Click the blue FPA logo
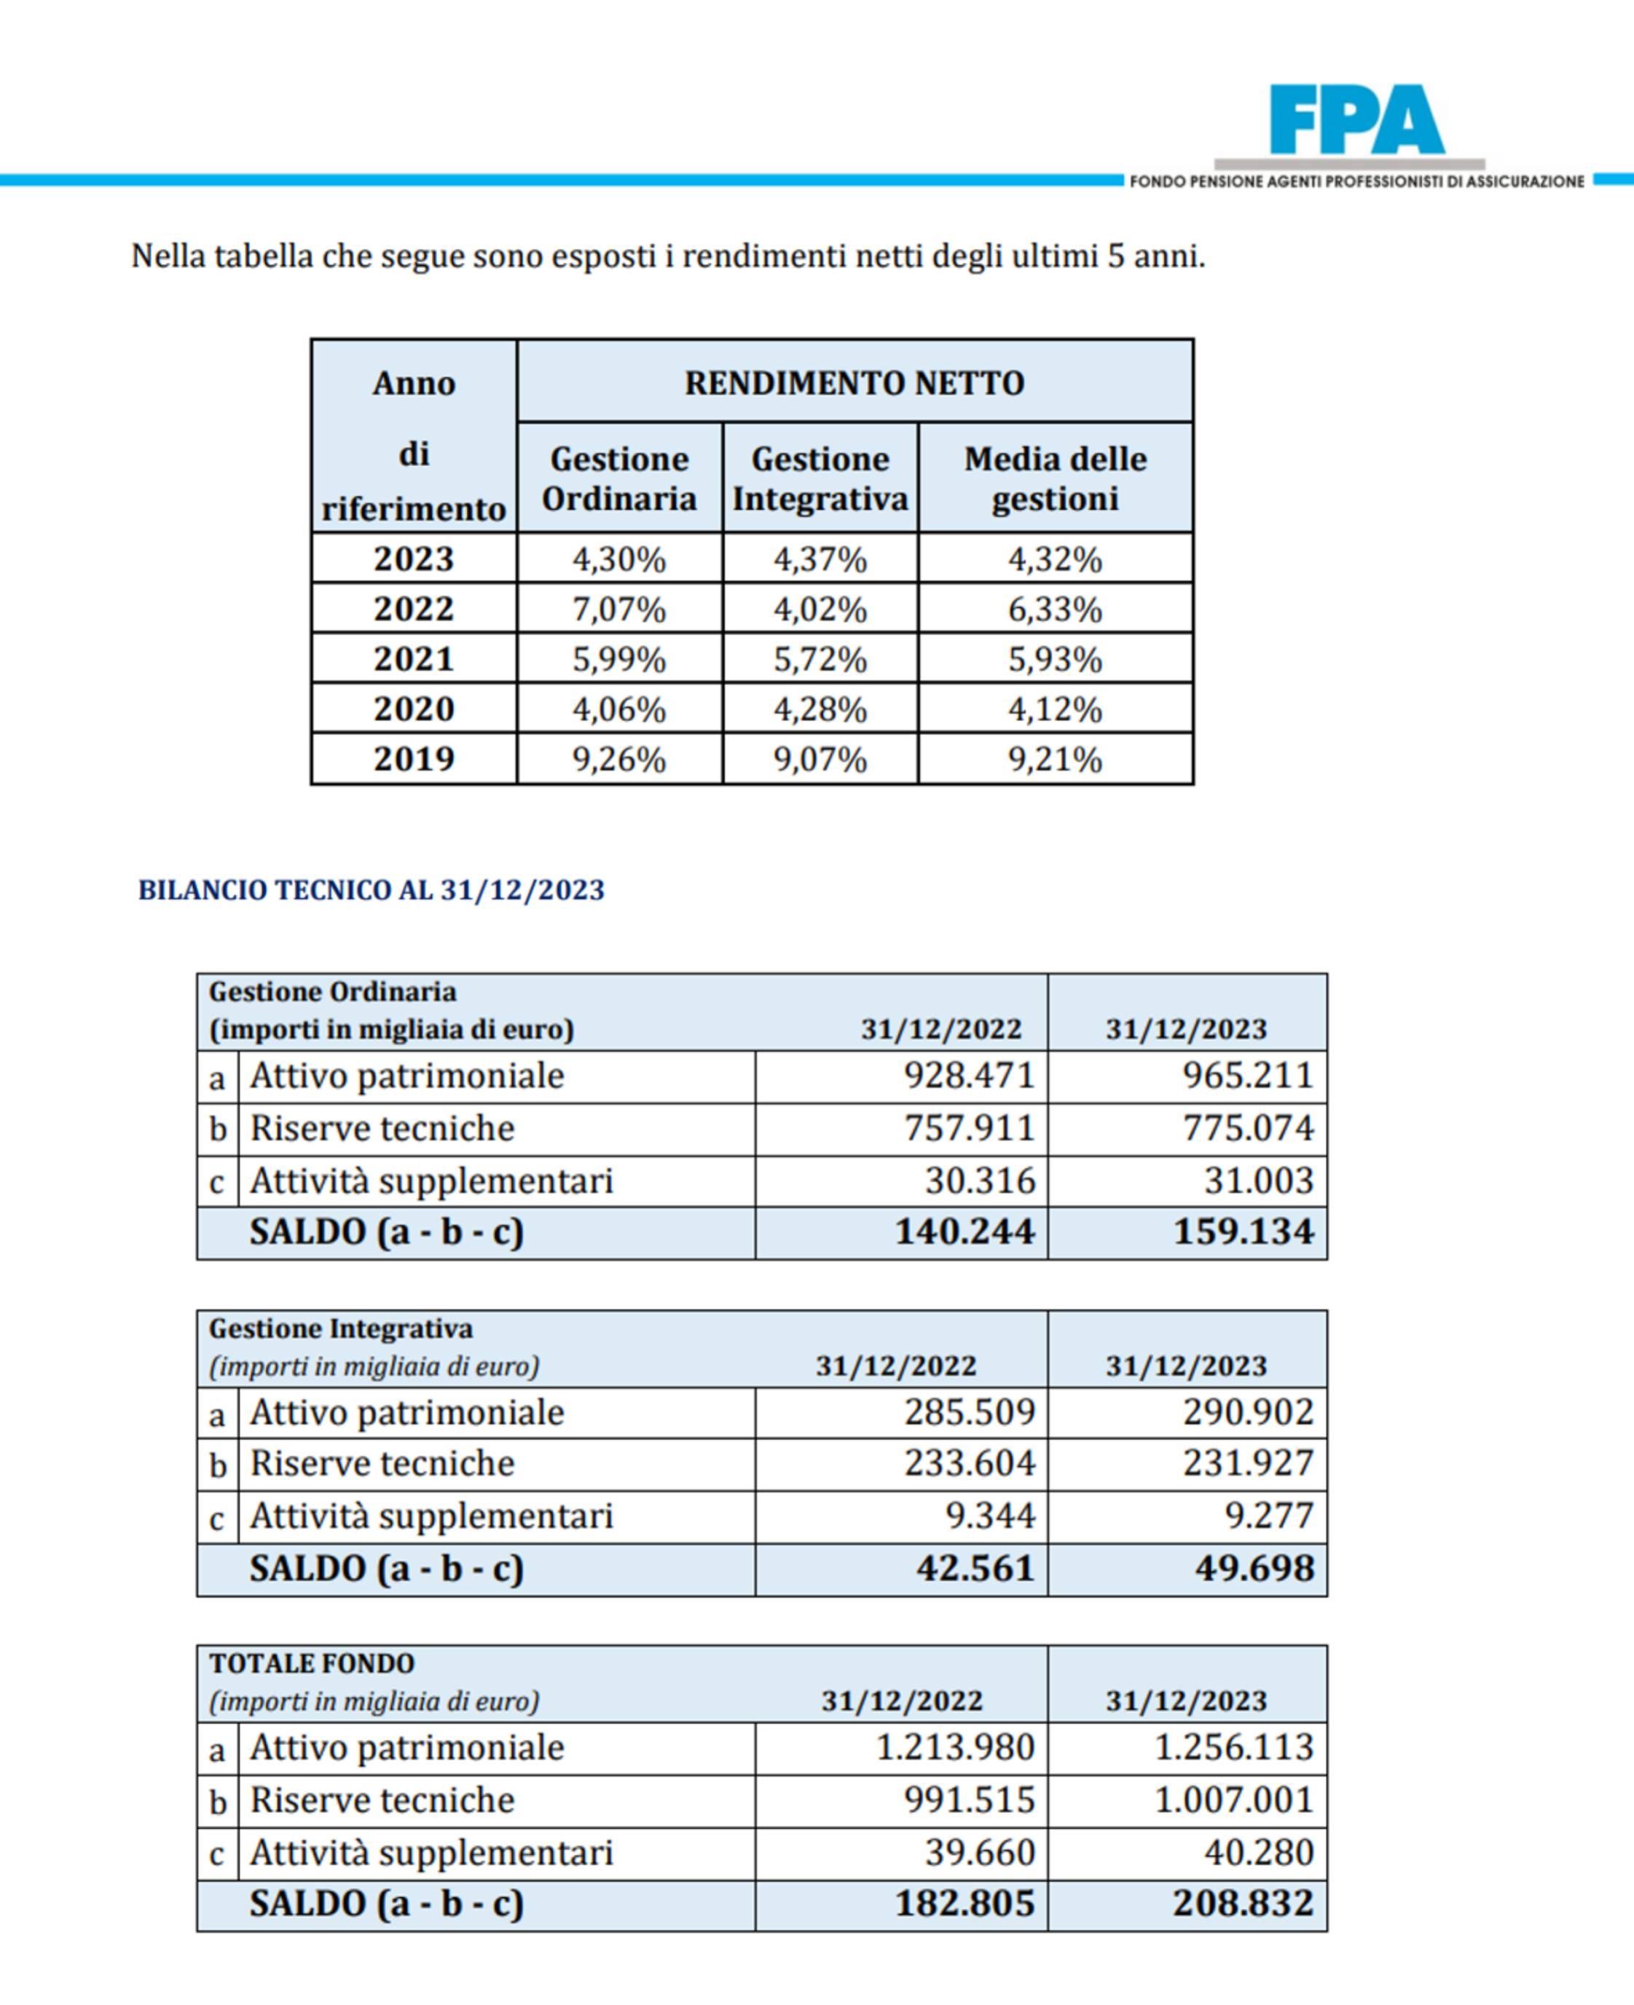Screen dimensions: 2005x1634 pos(1356,120)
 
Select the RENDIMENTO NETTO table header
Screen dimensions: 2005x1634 pos(854,383)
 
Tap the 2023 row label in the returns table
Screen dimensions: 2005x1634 pos(415,559)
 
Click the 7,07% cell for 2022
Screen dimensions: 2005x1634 pos(619,610)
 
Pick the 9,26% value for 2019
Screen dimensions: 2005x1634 pos(619,758)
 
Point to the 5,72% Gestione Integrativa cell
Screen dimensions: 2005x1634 pos(820,660)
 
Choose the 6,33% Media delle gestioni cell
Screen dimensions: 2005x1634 pos(1055,610)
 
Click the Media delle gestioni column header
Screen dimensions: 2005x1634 pos(1055,478)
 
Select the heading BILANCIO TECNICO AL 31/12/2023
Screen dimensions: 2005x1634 pos(371,890)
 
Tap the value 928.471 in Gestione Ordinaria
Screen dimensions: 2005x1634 pos(969,1076)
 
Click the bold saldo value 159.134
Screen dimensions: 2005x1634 pos(1243,1232)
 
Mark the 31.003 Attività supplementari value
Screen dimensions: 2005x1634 pos(1258,1181)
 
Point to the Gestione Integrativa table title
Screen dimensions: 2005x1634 pos(341,1328)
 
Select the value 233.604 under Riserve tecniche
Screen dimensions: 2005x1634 pos(970,1463)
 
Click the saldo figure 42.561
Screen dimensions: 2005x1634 pos(975,1569)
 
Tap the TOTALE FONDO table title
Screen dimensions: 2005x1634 pos(312,1663)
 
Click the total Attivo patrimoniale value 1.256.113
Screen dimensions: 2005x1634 pos(1233,1747)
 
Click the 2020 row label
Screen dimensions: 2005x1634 pos(415,709)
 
